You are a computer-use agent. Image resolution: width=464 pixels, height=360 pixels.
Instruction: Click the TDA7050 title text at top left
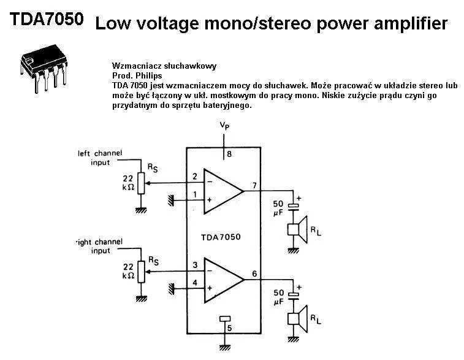(x=47, y=19)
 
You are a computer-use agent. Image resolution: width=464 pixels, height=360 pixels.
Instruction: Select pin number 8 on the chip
(x=229, y=154)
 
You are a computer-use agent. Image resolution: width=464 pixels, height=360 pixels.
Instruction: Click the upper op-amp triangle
(x=222, y=191)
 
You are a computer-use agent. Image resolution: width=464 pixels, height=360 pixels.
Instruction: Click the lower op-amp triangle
(x=222, y=279)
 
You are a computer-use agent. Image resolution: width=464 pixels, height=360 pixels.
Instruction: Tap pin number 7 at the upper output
(x=254, y=185)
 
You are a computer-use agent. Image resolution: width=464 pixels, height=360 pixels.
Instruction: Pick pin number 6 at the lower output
(x=254, y=274)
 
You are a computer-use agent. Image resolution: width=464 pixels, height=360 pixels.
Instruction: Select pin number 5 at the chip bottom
(x=229, y=328)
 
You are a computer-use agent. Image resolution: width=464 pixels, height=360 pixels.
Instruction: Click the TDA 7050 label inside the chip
(x=221, y=236)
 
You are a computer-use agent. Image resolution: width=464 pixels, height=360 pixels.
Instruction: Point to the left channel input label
(x=100, y=158)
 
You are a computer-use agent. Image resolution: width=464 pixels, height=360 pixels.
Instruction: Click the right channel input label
(x=99, y=246)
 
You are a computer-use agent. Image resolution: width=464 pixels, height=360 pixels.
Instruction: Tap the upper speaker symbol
(x=297, y=230)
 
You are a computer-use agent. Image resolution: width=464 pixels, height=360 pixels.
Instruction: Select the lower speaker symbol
(x=297, y=318)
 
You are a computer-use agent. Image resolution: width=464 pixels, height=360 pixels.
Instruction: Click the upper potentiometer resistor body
(x=142, y=183)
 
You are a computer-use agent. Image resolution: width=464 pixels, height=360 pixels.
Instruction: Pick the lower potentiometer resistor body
(x=142, y=271)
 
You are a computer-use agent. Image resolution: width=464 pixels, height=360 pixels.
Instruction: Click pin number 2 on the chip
(x=195, y=177)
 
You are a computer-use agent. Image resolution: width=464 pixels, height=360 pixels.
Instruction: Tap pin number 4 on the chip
(x=195, y=283)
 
